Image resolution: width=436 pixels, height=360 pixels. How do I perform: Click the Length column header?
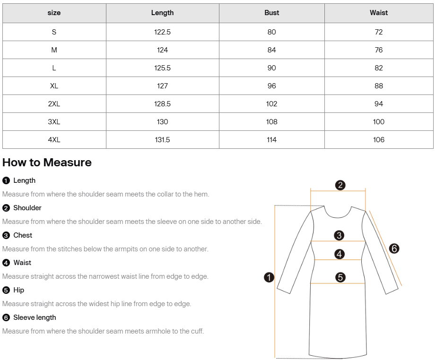162,13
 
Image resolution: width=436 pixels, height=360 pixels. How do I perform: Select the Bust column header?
271,13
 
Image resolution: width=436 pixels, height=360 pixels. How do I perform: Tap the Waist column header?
378,13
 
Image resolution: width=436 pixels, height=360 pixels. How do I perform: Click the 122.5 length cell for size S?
162,32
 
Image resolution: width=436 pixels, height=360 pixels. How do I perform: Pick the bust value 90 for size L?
271,68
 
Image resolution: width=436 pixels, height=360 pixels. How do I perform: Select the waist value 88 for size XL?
378,86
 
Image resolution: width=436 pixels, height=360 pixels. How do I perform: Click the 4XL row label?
54,140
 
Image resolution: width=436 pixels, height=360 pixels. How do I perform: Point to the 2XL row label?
54,104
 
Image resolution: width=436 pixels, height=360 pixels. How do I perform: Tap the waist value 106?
378,140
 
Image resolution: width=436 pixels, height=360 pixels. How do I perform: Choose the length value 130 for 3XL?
162,122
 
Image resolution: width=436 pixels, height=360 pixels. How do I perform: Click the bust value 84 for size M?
271,50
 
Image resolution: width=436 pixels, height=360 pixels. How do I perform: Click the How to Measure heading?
47,163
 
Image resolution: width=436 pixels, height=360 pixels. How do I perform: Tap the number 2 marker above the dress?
340,185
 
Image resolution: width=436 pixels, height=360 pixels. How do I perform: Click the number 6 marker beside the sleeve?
394,248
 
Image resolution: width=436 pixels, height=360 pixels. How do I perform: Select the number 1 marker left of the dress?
269,277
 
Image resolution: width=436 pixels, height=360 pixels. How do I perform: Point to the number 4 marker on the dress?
340,254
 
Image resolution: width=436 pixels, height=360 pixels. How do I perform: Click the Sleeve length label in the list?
35,317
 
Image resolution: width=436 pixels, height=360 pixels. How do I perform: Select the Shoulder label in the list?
27,208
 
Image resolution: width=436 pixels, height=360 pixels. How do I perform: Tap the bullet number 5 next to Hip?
6,290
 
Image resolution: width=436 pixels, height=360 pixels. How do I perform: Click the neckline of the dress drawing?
338,215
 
